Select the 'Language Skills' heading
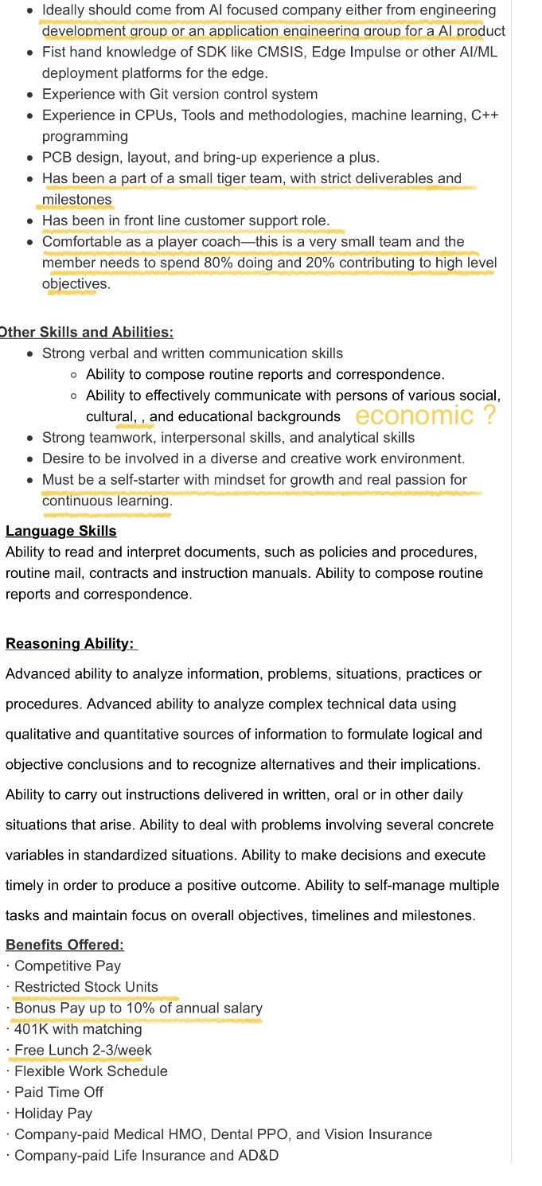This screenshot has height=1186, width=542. [x=61, y=531]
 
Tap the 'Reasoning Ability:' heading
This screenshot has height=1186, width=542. [x=72, y=643]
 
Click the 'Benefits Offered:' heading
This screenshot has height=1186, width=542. [x=64, y=945]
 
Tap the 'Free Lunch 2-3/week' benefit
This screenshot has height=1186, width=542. [x=83, y=1050]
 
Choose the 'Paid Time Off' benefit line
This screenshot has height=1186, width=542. [x=59, y=1092]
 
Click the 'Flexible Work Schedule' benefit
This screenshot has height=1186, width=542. [x=91, y=1071]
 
